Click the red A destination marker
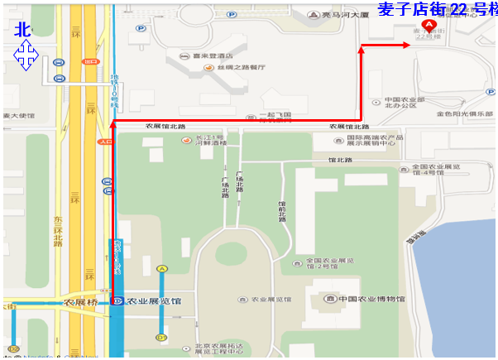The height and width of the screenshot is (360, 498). (429, 26)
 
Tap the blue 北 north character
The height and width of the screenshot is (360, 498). (22, 29)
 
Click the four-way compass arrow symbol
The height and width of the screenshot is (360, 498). (26, 57)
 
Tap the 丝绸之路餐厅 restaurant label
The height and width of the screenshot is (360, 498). (240, 67)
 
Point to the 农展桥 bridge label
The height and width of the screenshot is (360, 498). (81, 302)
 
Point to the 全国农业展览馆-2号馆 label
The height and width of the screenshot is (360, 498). (319, 264)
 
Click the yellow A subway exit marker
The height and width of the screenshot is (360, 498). (162, 268)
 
